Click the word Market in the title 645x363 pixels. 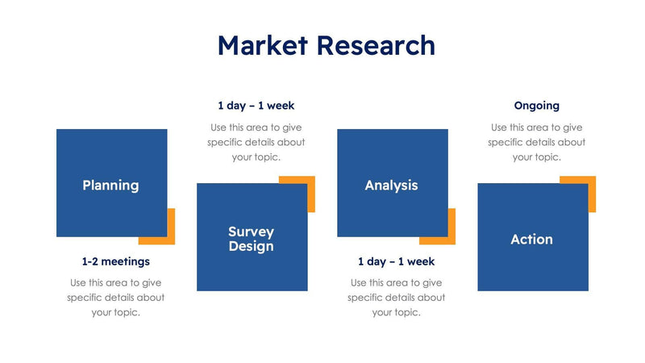pos(262,45)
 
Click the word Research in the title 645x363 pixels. pos(375,45)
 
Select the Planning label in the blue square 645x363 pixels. pos(110,186)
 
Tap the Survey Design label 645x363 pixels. pos(251,240)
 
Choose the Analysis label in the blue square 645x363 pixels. pos(391,186)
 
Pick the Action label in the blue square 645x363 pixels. pos(531,240)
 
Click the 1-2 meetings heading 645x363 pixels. pos(115,261)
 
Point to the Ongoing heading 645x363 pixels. pos(536,106)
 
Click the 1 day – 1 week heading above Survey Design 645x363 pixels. pos(256,106)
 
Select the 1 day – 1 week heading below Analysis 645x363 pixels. pos(396,261)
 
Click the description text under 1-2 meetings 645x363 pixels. pos(115,298)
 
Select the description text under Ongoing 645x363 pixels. pos(536,142)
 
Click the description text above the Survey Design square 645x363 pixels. pos(256,142)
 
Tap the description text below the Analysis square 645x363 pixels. pos(396,298)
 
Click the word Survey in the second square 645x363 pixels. pos(251,232)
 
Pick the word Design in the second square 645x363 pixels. pos(251,247)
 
